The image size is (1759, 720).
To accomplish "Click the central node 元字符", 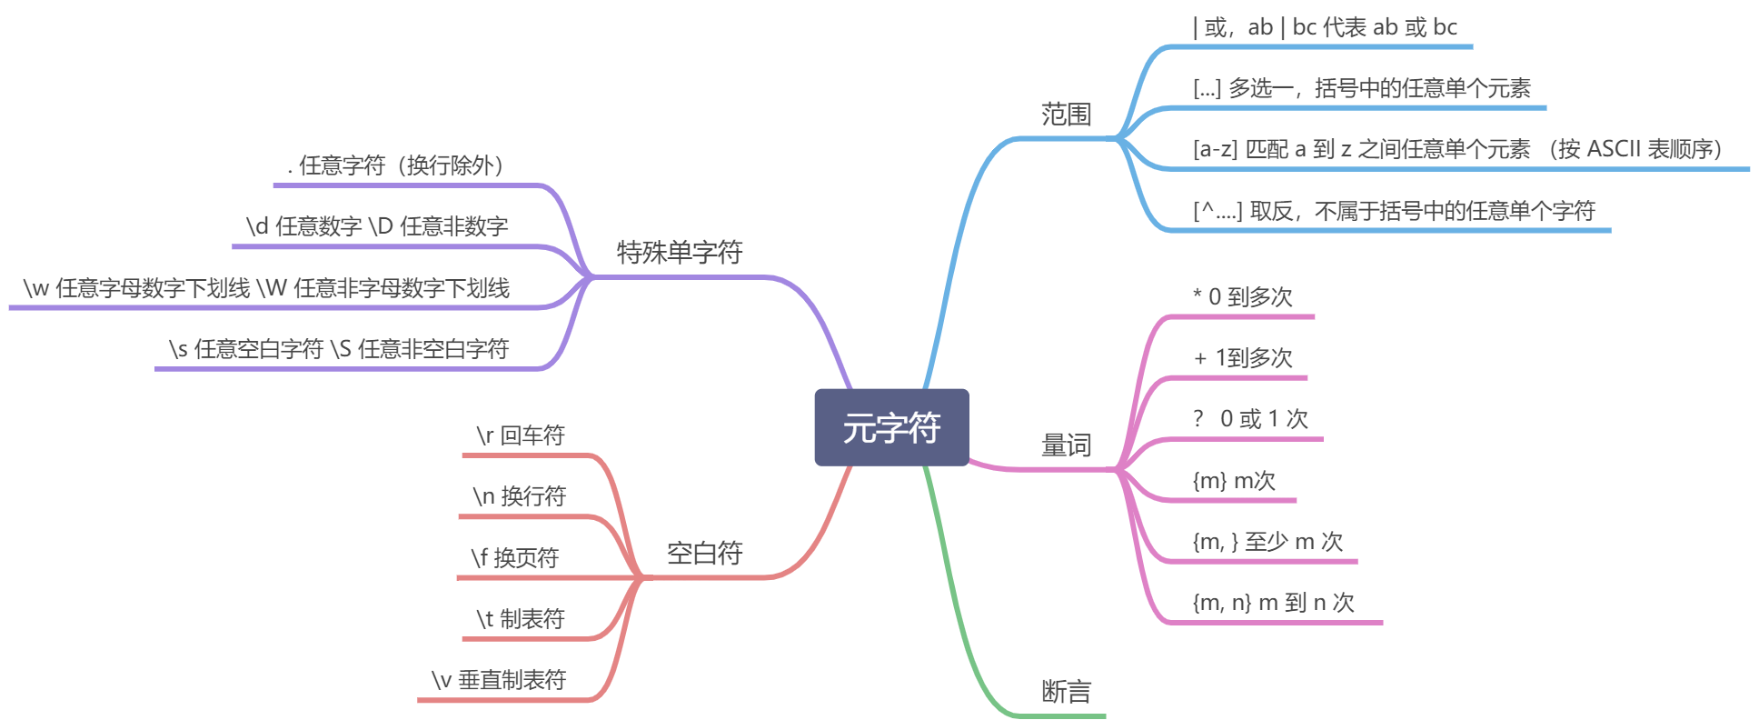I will coord(891,427).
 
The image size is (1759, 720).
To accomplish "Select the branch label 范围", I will coord(1066,115).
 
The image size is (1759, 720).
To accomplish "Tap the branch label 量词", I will coord(1066,445).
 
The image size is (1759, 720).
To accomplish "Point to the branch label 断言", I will coord(1066,692).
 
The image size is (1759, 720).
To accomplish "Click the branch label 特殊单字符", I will coord(680,252).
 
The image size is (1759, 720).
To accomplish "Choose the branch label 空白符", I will coord(704,553).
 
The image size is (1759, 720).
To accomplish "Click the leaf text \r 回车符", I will coord(521,435).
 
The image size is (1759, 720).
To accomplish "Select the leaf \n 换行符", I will coord(520,496).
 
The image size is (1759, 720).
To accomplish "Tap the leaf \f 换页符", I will coord(515,557).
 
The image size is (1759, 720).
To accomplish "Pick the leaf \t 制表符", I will coord(521,619).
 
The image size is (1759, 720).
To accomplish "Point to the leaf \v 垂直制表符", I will coord(499,680).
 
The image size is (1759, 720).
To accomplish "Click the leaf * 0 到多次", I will coord(1242,297).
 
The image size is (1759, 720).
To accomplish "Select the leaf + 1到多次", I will coord(1242,358).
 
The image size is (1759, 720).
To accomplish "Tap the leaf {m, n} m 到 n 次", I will coord(1273,602).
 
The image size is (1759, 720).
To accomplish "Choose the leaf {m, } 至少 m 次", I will coord(1267,542).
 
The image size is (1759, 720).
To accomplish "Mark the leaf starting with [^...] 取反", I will coord(1394,211).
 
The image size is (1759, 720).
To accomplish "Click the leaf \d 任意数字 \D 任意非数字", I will coord(377,226).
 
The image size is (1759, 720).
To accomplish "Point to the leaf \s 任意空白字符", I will coord(339,349).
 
